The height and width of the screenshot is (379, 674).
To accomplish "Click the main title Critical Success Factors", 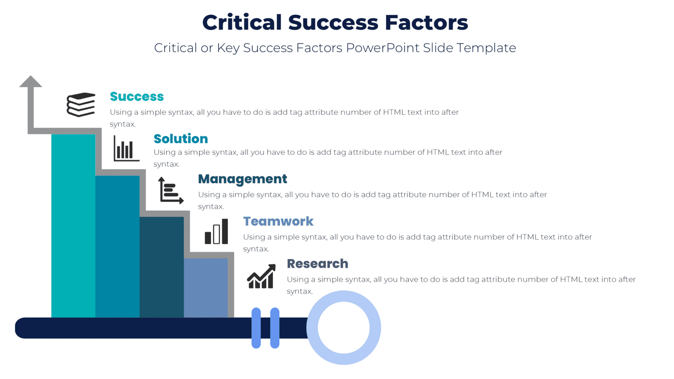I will (335, 22).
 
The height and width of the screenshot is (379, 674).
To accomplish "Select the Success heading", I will (136, 96).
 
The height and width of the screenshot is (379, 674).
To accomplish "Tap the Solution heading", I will (180, 139).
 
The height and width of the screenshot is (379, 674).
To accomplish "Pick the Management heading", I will (242, 179).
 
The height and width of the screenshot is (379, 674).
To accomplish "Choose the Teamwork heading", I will (278, 221).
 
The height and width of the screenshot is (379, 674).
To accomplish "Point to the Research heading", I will (317, 264).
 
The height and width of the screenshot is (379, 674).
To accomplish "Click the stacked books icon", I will (81, 104).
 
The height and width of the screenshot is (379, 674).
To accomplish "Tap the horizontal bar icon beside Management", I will (171, 191).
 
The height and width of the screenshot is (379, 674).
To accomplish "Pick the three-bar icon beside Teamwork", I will (216, 232).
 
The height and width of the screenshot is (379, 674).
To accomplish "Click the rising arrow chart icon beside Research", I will (261, 276).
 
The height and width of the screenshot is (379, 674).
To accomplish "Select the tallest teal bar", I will (73, 225).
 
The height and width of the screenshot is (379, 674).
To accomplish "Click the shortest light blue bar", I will (206, 288).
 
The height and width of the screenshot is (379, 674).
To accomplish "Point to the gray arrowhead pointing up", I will (31, 82).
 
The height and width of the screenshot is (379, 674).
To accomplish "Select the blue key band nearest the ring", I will (275, 328).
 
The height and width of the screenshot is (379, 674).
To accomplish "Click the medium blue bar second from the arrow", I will (117, 246).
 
